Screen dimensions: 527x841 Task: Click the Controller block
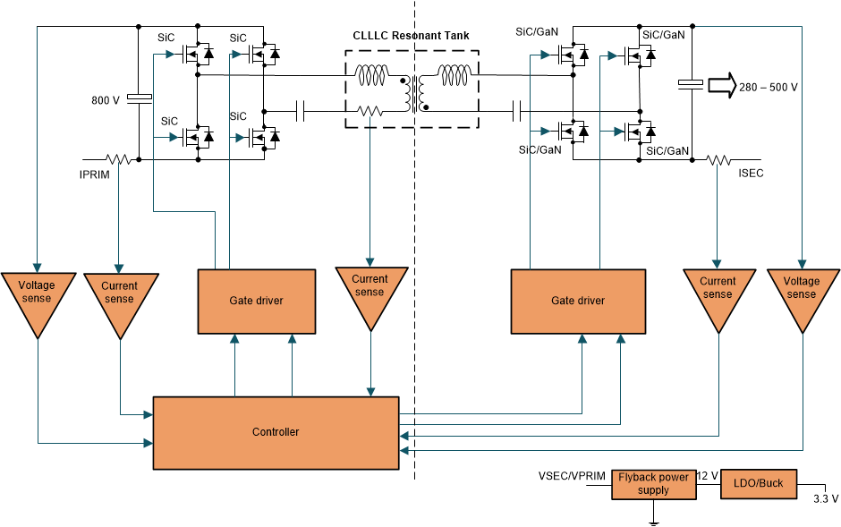(276, 432)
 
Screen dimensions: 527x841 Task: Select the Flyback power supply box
(653, 484)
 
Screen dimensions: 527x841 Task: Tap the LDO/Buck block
(758, 483)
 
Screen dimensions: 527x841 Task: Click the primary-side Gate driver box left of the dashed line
(256, 301)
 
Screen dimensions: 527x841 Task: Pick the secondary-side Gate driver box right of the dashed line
(577, 301)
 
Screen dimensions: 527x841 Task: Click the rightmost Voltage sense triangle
(801, 293)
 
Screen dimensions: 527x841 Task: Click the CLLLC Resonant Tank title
(411, 36)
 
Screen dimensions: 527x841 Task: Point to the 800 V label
(105, 100)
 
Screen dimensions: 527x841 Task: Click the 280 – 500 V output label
(768, 88)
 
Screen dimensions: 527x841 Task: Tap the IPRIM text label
(94, 175)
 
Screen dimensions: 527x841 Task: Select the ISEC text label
(752, 174)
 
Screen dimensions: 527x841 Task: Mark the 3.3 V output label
(825, 498)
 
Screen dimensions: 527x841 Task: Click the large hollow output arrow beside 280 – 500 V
(720, 86)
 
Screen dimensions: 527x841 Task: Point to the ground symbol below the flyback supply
(654, 518)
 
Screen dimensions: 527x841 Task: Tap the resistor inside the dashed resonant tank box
(370, 111)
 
